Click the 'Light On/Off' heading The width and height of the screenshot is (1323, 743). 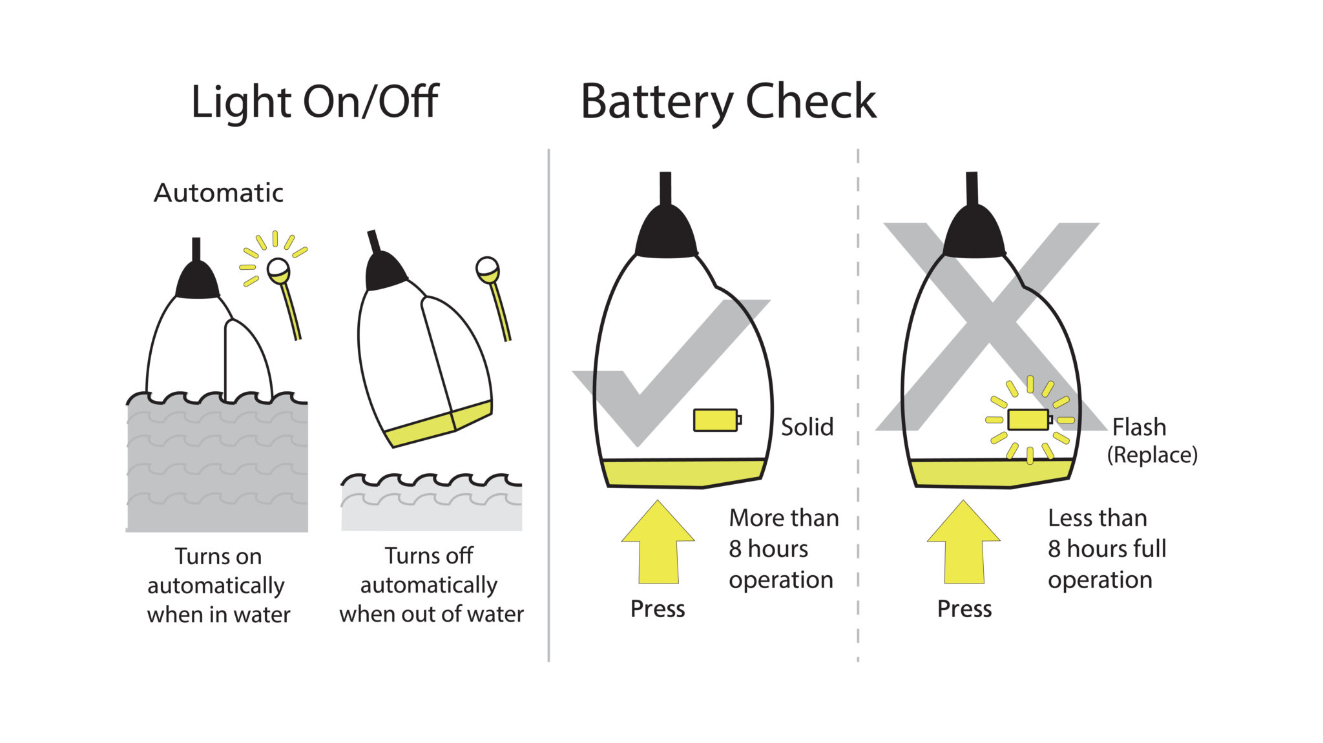[x=315, y=102]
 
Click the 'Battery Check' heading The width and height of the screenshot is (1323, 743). [x=728, y=102]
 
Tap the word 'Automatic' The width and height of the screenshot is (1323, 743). [x=218, y=193]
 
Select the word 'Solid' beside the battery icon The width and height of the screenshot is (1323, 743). [x=807, y=427]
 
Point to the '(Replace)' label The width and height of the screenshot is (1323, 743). [x=1152, y=455]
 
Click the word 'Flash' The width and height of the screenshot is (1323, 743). [x=1139, y=427]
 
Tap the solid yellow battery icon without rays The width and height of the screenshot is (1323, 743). [x=716, y=420]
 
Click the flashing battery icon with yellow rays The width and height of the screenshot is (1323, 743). [x=1028, y=420]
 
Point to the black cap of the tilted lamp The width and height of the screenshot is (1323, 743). [x=384, y=270]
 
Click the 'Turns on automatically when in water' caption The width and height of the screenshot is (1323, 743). [x=218, y=585]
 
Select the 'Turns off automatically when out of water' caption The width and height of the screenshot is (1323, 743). [x=431, y=585]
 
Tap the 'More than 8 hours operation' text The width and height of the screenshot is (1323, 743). [x=783, y=549]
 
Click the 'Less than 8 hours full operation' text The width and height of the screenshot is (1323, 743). [x=1106, y=549]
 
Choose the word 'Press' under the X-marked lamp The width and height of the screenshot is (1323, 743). [x=964, y=609]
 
